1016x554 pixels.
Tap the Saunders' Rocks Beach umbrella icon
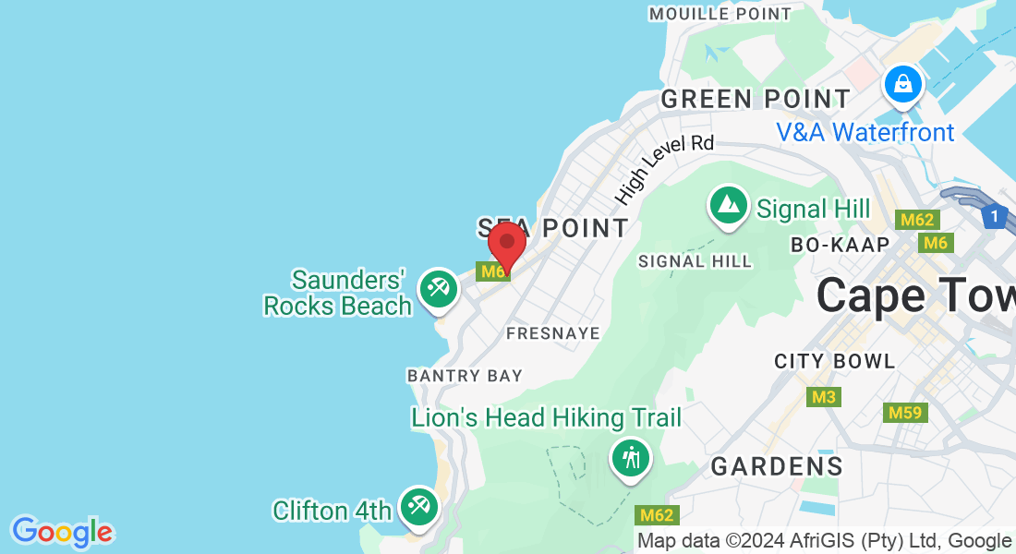438,290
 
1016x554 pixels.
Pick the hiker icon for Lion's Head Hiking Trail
631,458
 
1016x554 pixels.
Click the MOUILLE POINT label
720,14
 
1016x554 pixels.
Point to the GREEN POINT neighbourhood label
756,99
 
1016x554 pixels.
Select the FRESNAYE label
553,332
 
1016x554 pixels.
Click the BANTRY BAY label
465,376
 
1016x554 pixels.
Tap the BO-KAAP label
840,245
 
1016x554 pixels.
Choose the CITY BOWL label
835,361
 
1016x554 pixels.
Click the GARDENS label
777,466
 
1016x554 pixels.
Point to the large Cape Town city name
914,295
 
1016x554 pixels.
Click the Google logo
63,532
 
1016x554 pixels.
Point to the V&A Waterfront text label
865,132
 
